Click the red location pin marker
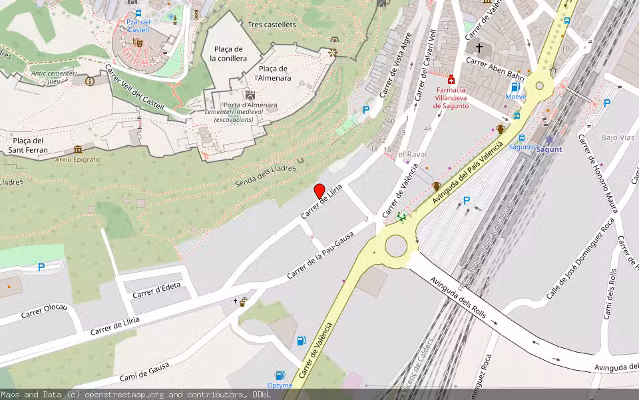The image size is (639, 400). tap(319, 190)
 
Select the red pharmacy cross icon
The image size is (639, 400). tap(452, 79)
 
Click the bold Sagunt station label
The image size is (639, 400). tap(549, 149)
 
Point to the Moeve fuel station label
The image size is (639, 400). tap(515, 97)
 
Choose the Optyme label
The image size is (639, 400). tap(280, 385)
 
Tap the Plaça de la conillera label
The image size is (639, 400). tap(228, 53)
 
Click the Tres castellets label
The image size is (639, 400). tap(271, 25)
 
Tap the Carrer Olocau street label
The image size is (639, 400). tap(44, 313)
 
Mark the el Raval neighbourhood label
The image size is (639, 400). tap(412, 154)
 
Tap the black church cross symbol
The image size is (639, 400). tap(479, 48)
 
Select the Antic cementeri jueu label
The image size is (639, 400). tap(53, 77)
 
